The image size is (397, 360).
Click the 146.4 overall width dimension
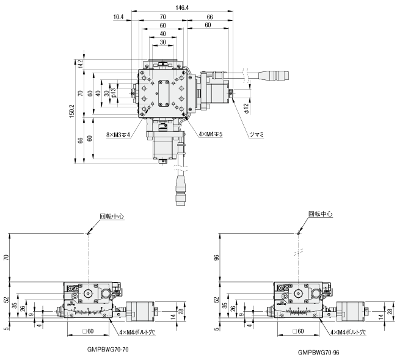click(x=181, y=7)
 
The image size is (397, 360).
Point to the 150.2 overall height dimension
click(x=72, y=112)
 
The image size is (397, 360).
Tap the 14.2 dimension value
click(x=79, y=62)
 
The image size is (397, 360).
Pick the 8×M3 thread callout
click(x=118, y=134)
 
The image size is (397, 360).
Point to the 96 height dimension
click(x=216, y=257)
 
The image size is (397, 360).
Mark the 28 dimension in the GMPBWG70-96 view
click(x=390, y=312)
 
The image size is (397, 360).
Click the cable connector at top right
click(x=269, y=76)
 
